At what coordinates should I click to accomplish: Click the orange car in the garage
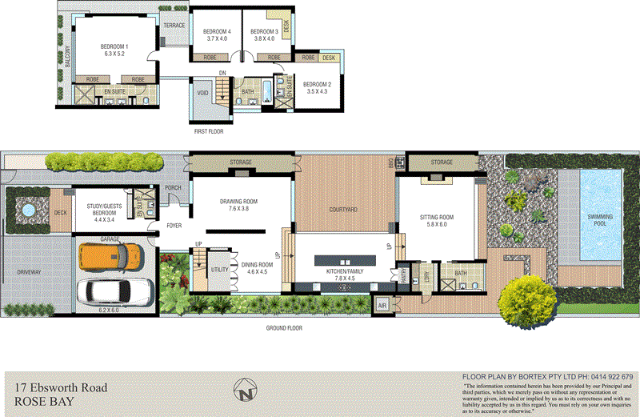(111, 257)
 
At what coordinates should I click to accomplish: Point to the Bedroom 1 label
(114, 50)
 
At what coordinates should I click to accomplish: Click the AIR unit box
(382, 306)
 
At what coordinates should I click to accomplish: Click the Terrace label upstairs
(174, 26)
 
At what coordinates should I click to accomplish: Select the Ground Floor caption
(286, 328)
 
